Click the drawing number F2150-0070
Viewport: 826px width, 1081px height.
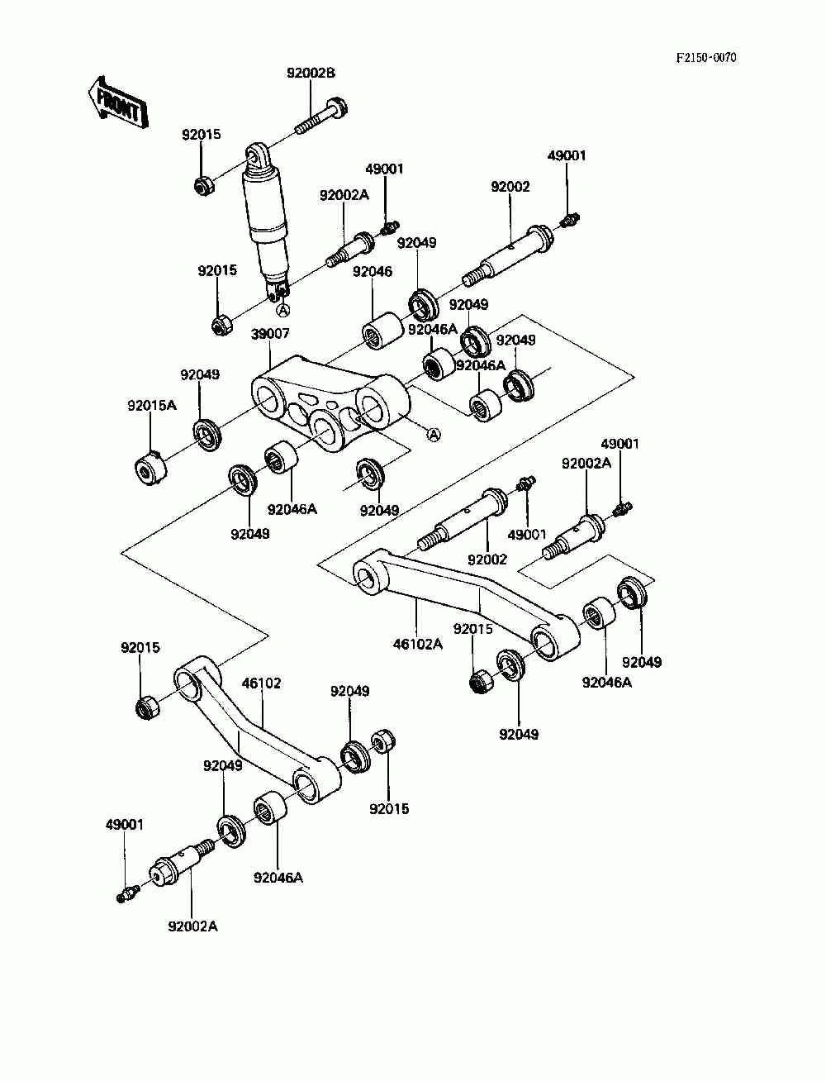point(706,58)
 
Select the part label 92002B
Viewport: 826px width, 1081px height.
point(311,73)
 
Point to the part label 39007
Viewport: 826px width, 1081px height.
point(270,334)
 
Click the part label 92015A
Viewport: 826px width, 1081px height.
point(152,405)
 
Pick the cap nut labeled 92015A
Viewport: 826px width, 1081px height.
point(150,467)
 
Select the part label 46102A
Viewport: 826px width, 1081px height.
point(418,644)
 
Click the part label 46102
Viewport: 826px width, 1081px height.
point(261,683)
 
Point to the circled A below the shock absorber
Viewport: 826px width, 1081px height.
point(283,310)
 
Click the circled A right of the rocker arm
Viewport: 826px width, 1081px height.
point(433,434)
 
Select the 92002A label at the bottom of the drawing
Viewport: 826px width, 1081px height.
point(192,926)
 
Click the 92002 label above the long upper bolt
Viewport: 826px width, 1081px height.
point(510,187)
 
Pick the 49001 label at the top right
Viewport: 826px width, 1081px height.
point(567,155)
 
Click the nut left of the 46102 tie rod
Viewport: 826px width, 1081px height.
point(146,707)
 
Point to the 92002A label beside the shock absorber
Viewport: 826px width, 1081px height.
point(344,195)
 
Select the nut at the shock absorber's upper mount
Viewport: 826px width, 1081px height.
point(202,186)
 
